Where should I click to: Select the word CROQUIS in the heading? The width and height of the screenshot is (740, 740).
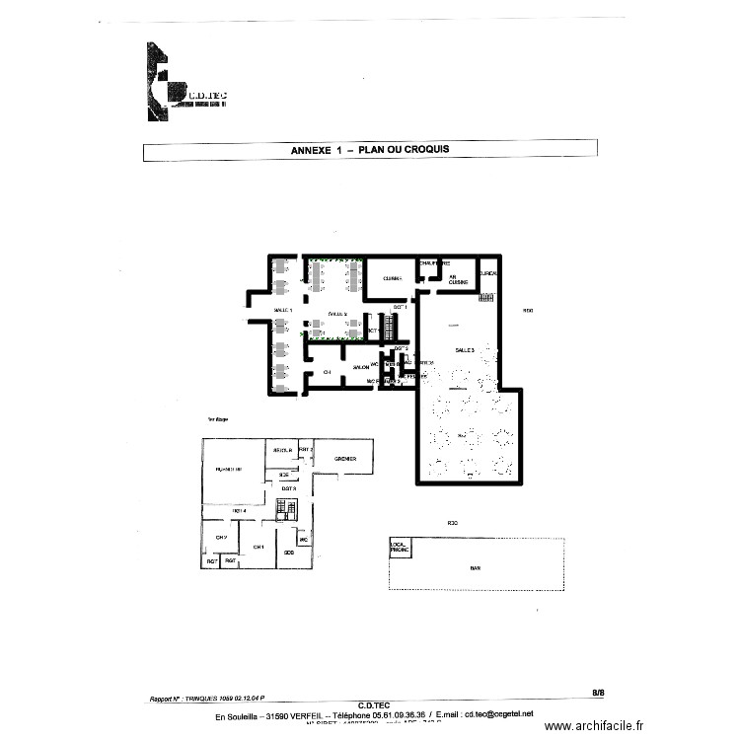[426, 151]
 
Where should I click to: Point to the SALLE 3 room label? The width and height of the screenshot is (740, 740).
[465, 350]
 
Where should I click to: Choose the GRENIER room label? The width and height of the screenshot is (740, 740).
[344, 459]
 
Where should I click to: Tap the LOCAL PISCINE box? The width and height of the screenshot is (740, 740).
[400, 547]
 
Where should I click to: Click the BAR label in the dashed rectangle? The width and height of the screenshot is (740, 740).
[475, 567]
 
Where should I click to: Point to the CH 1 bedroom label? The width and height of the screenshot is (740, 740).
[258, 547]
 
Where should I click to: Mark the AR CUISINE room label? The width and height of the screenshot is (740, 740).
[453, 278]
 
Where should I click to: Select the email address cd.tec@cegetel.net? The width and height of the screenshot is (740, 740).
[498, 713]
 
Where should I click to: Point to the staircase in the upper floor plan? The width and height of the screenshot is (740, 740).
[286, 509]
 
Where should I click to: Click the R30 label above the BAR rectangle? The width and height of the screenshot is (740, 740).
[453, 522]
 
